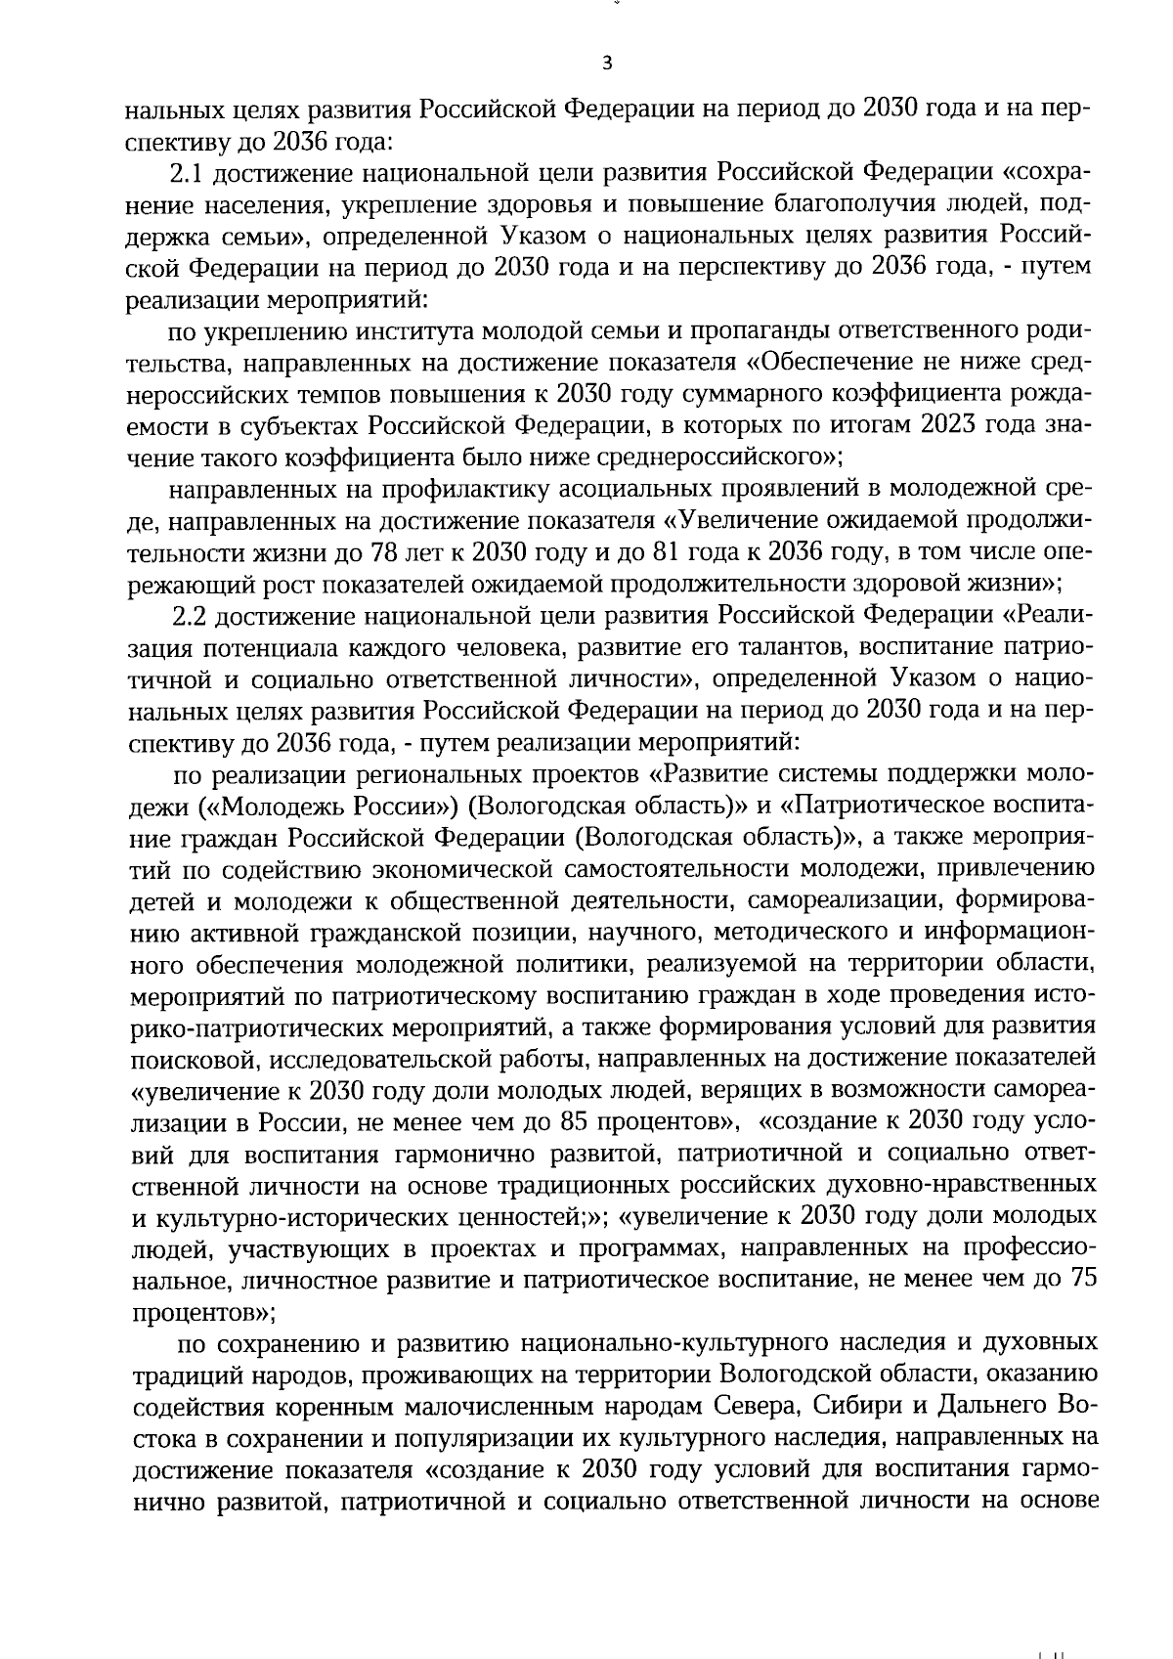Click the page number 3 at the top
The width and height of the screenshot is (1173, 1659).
pyautogui.click(x=607, y=65)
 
